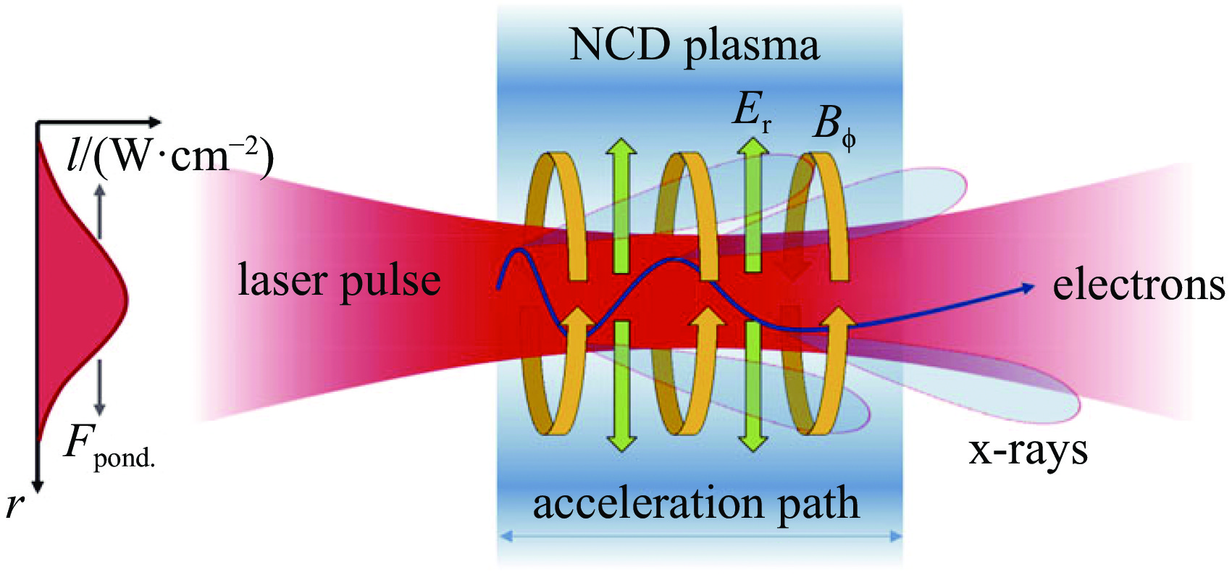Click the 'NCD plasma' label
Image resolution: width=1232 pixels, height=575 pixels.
point(694,45)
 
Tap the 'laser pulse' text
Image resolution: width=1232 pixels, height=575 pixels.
point(339,281)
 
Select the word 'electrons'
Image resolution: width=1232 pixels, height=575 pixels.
point(1139,285)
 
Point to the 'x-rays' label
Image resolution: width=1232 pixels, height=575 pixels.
point(1028,450)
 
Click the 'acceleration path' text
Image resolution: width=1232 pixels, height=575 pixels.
point(696,503)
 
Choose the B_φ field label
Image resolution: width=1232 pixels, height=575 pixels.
point(833,125)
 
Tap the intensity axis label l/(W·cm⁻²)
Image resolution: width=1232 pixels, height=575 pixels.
point(170,156)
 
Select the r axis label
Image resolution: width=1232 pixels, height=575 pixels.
point(14,505)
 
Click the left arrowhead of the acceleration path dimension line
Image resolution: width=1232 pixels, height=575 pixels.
point(506,537)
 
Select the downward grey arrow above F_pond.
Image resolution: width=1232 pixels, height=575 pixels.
point(100,387)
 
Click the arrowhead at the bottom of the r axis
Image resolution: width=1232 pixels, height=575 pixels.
point(37,486)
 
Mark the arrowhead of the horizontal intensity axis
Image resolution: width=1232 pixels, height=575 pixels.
point(155,122)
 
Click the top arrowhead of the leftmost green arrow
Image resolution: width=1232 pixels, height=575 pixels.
point(621,145)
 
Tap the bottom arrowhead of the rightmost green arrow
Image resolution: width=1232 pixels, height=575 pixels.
point(753,442)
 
